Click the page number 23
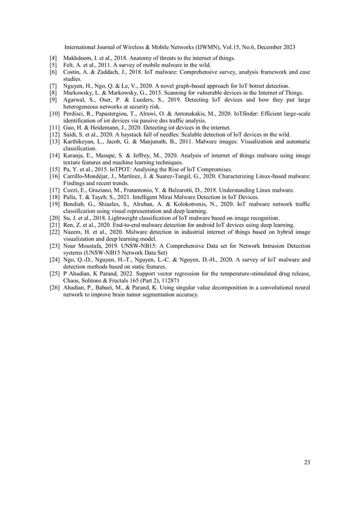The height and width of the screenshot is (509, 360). [307, 463]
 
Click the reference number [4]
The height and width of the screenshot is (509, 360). [54, 59]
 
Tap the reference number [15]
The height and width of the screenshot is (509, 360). [55, 169]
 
